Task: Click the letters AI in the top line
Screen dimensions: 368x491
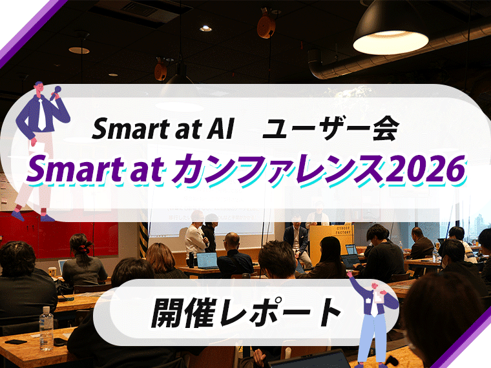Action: [210, 130]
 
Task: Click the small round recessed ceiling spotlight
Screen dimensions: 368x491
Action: [205, 28]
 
